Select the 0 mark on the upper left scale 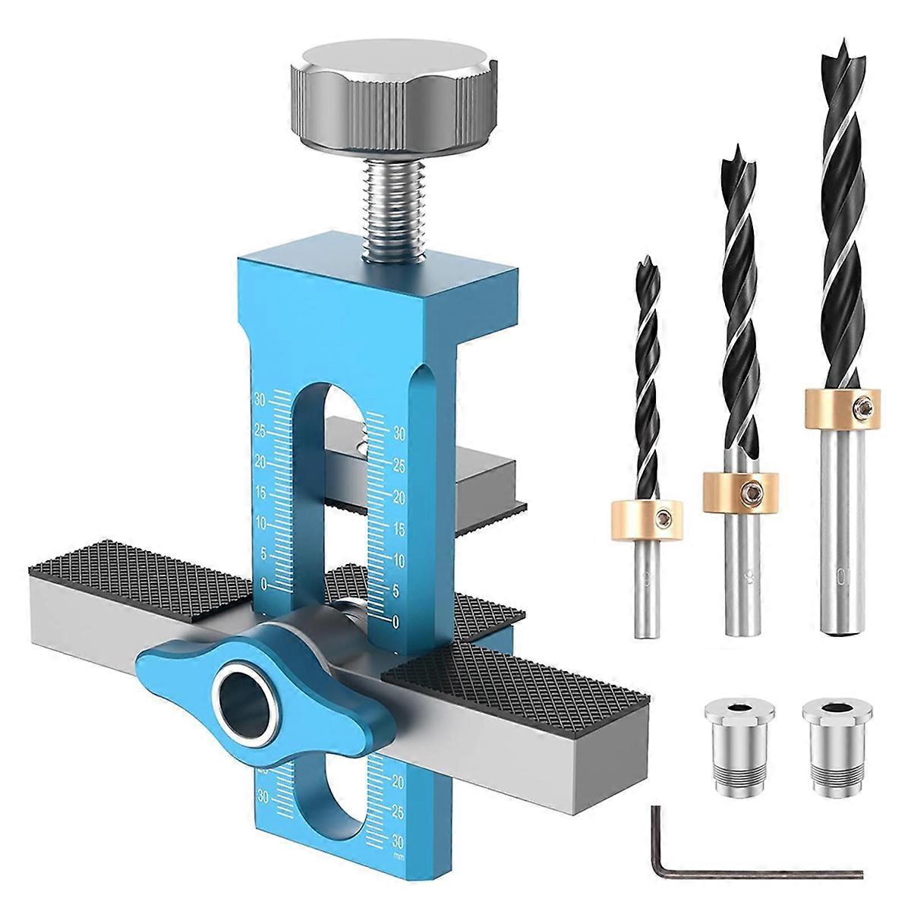click(x=263, y=584)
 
